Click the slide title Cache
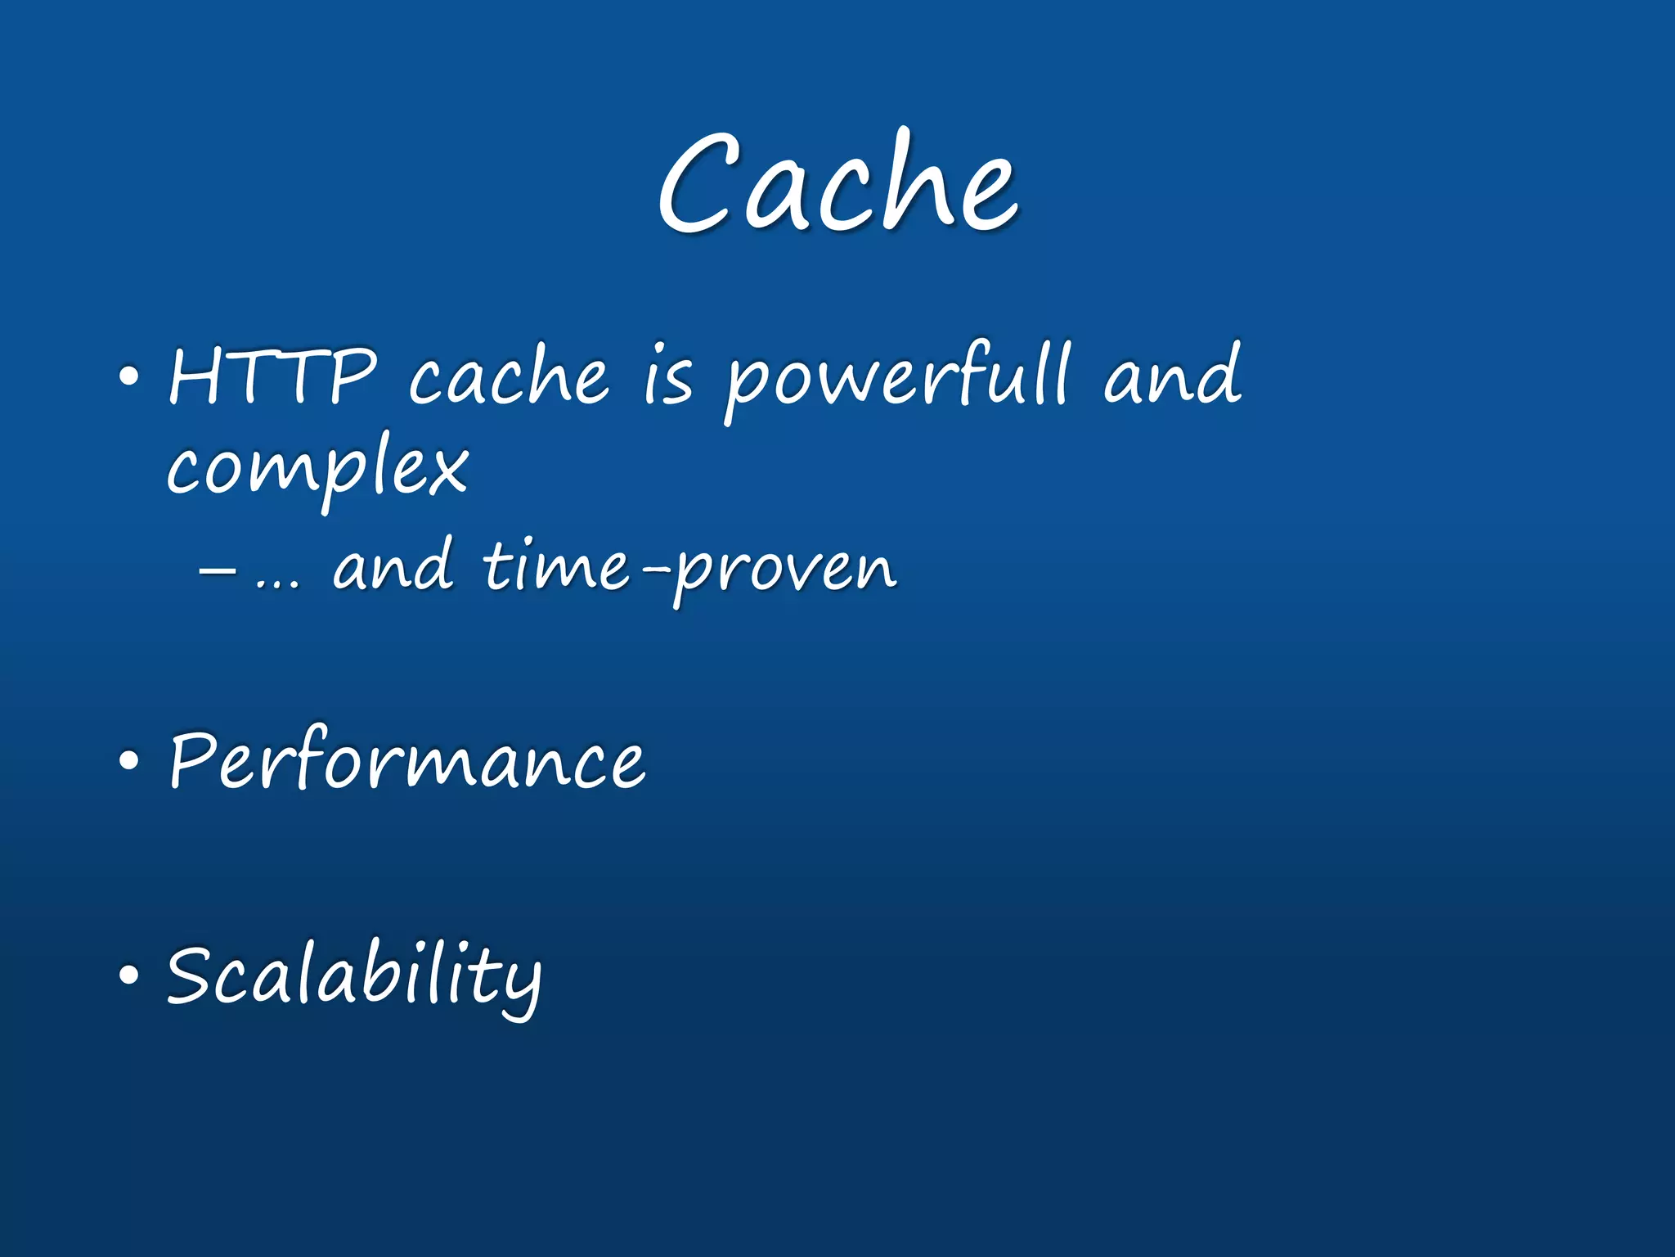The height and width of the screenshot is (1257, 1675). point(837,182)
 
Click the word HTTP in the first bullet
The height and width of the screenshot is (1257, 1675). point(272,376)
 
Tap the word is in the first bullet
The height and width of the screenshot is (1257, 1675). point(668,378)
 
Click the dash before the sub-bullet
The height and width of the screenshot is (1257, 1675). point(218,570)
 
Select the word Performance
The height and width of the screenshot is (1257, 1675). point(406,761)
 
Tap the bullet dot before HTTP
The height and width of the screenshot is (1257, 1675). point(128,378)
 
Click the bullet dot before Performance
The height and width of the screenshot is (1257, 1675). point(128,761)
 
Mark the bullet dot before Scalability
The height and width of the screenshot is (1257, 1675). point(128,975)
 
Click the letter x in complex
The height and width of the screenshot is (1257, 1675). point(446,470)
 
